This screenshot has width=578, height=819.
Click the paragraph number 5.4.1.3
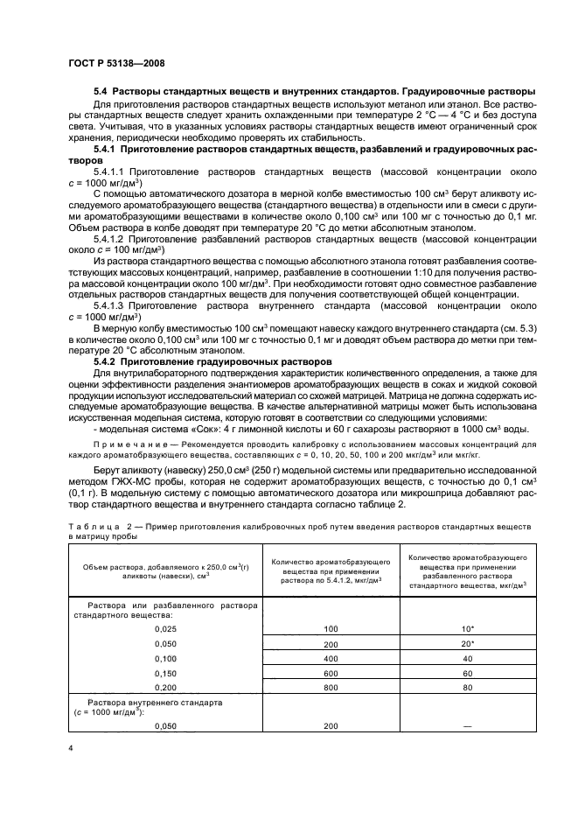(x=111, y=305)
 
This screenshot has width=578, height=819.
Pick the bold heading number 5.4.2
(x=107, y=360)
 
